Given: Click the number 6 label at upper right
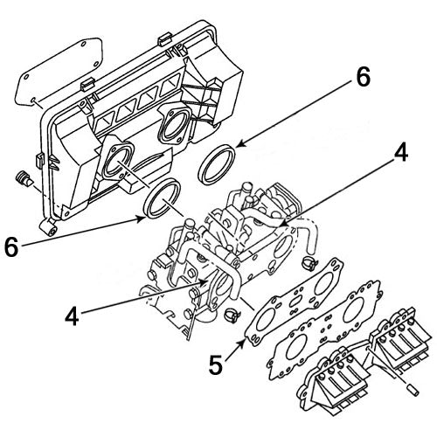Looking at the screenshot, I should (360, 79).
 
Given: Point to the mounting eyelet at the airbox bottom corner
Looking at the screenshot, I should (52, 231).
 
